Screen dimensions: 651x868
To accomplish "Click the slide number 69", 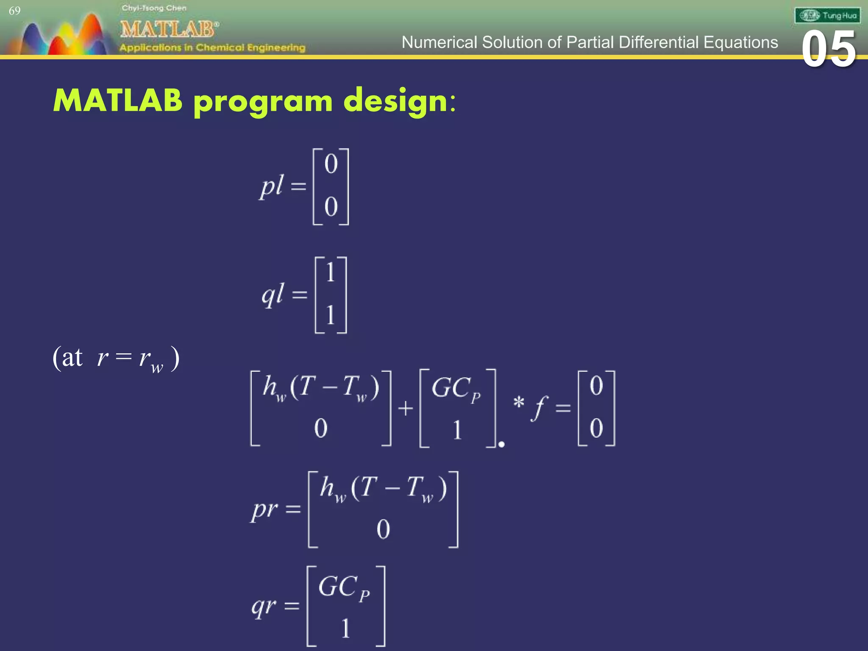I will [x=14, y=11].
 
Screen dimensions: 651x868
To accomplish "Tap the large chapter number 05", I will [x=829, y=50].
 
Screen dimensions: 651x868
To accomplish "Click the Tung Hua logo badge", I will [x=827, y=16].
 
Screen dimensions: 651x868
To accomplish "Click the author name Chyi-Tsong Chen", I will [x=154, y=8].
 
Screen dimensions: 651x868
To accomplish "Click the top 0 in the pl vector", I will [x=331, y=164].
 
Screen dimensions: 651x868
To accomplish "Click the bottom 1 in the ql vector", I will [x=331, y=315].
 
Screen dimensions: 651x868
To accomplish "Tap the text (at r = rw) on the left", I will [x=116, y=359].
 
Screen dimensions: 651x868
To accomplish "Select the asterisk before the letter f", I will [x=518, y=402].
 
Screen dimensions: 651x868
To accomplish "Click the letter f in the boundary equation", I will [x=539, y=408].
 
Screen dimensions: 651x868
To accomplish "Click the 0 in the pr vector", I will [x=383, y=529].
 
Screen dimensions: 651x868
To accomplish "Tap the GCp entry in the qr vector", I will [x=344, y=587].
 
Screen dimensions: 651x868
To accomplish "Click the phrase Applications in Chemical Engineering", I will [x=212, y=47].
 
